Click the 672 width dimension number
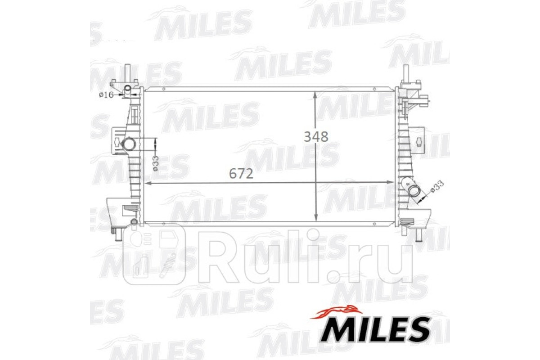(241, 174)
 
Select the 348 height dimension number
(316, 137)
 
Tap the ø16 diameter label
(106, 95)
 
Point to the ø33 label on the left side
(156, 163)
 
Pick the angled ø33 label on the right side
(437, 187)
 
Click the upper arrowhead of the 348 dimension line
(315, 95)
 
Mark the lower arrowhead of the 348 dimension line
(315, 218)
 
